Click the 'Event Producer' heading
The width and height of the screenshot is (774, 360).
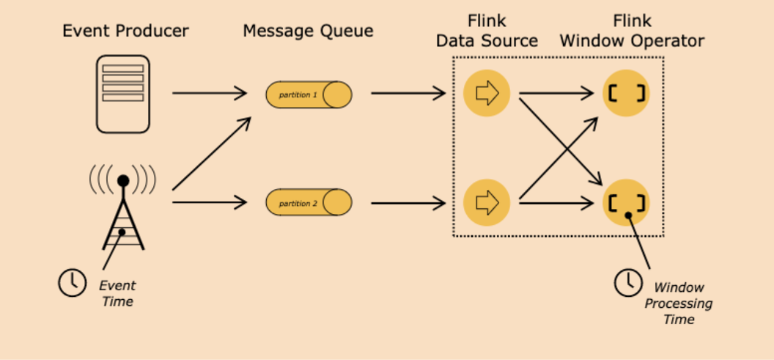125,31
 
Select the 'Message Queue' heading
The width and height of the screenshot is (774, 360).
308,31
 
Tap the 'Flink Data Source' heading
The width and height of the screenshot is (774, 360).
486,31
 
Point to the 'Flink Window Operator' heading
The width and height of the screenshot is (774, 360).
631,31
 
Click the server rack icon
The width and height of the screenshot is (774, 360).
123,94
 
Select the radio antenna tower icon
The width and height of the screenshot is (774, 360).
123,209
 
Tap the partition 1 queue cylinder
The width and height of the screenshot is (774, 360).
309,95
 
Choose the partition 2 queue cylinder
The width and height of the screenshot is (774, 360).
309,202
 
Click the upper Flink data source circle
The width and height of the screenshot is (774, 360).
486,93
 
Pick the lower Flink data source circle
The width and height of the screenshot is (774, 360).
486,201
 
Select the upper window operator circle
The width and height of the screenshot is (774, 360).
625,93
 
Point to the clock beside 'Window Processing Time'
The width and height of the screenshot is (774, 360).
627,283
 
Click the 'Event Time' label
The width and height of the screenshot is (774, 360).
117,293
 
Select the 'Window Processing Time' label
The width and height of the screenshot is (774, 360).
678,303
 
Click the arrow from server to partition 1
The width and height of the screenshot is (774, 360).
210,93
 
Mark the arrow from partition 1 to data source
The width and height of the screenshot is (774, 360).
408,93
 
